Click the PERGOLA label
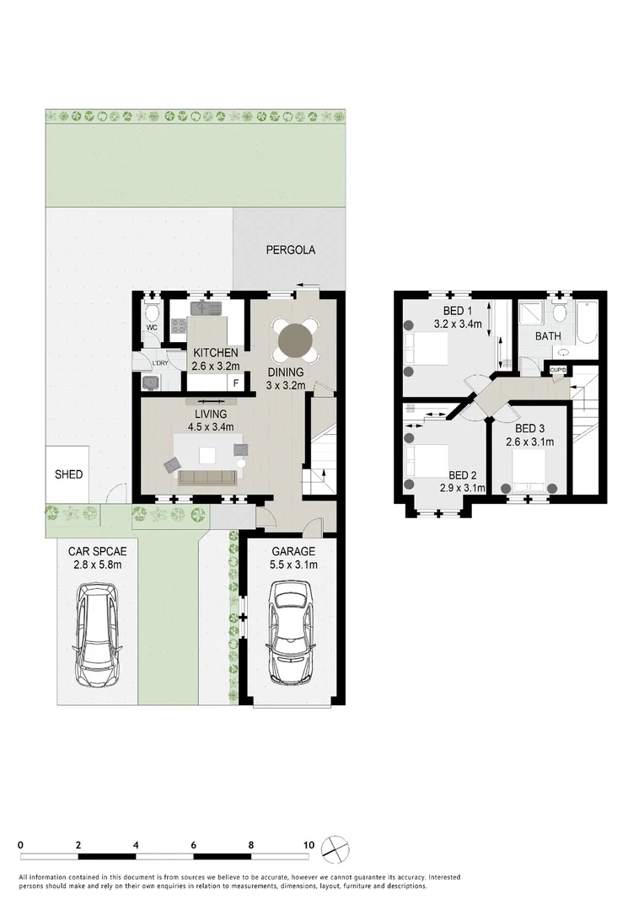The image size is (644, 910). click(x=290, y=250)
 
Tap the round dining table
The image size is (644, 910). click(x=295, y=340)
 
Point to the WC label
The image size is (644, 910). click(x=152, y=328)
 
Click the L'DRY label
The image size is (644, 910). click(x=159, y=364)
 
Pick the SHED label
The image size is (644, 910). click(x=68, y=474)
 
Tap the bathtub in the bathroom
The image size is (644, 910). click(x=586, y=321)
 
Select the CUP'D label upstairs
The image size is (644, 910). click(x=558, y=370)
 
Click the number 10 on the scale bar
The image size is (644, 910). click(x=309, y=844)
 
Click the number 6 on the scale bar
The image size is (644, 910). click(x=194, y=844)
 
